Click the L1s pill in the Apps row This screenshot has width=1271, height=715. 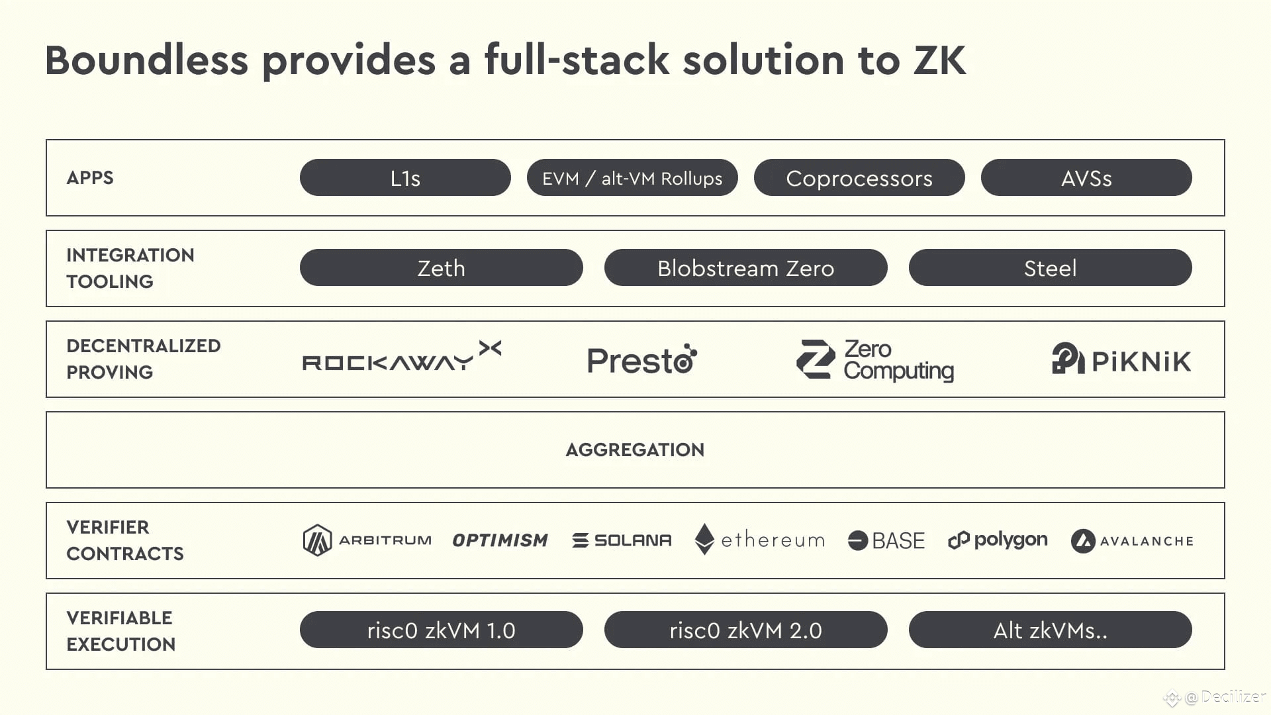(405, 177)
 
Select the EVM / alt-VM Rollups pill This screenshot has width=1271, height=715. (632, 177)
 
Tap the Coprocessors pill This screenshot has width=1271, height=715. (859, 177)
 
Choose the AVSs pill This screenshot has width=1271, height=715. (1086, 177)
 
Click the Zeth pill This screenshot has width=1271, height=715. (442, 267)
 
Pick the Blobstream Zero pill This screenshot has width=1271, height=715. (746, 267)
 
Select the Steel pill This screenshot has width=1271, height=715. (1051, 267)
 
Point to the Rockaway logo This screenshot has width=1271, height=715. (402, 356)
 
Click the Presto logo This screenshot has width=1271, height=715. (642, 359)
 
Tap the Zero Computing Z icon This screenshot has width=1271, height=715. (816, 359)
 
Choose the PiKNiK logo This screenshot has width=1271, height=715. (1121, 359)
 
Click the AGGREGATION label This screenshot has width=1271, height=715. (635, 450)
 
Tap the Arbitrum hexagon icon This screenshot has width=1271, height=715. (317, 540)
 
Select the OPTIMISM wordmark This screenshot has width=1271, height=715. (500, 540)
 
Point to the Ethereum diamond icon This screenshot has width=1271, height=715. (704, 540)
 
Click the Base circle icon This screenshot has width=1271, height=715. (858, 541)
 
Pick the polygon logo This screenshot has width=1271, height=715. (998, 540)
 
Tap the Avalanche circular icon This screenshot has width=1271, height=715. (1083, 541)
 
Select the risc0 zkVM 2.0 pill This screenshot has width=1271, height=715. (746, 630)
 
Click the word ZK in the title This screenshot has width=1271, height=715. (939, 60)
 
